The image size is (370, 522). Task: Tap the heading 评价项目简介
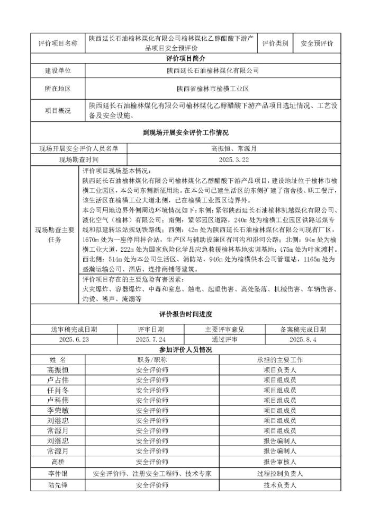(x=185, y=58)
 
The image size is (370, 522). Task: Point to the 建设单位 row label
(x=58, y=70)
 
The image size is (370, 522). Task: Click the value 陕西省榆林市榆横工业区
(x=212, y=89)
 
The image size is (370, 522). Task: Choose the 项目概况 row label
(x=58, y=110)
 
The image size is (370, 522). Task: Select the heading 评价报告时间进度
(x=185, y=314)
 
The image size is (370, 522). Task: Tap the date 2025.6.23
(x=74, y=339)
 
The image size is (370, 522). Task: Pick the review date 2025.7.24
(x=151, y=339)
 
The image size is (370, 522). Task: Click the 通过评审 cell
(x=224, y=339)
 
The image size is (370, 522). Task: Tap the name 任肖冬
(x=58, y=390)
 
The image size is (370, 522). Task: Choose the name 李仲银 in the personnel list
(x=58, y=474)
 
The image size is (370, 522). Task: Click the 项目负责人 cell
(x=279, y=370)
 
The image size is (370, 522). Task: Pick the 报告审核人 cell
(x=279, y=463)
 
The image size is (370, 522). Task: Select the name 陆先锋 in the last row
(x=58, y=484)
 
